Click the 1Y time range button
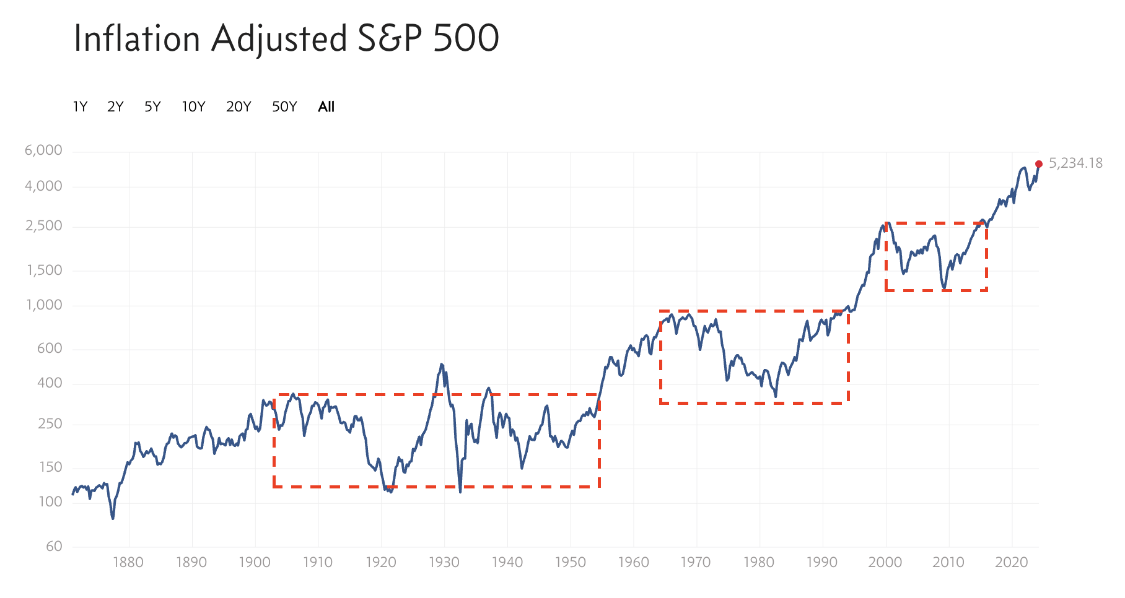[x=80, y=107]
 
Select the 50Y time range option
[x=284, y=107]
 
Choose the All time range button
[x=326, y=107]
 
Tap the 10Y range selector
[x=193, y=107]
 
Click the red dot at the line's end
[x=1039, y=164]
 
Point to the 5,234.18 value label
[x=1075, y=163]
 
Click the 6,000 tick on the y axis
[x=43, y=150]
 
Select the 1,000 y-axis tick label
[x=44, y=305]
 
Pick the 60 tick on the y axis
[x=54, y=547]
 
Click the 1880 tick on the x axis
[x=128, y=563]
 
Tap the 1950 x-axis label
[x=570, y=563]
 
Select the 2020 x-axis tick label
[x=1011, y=563]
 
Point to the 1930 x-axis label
[x=444, y=563]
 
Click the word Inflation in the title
[x=136, y=38]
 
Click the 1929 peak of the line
[x=442, y=364]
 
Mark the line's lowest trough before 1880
[x=113, y=518]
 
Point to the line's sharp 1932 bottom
[x=460, y=492]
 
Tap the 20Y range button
[x=239, y=107]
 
